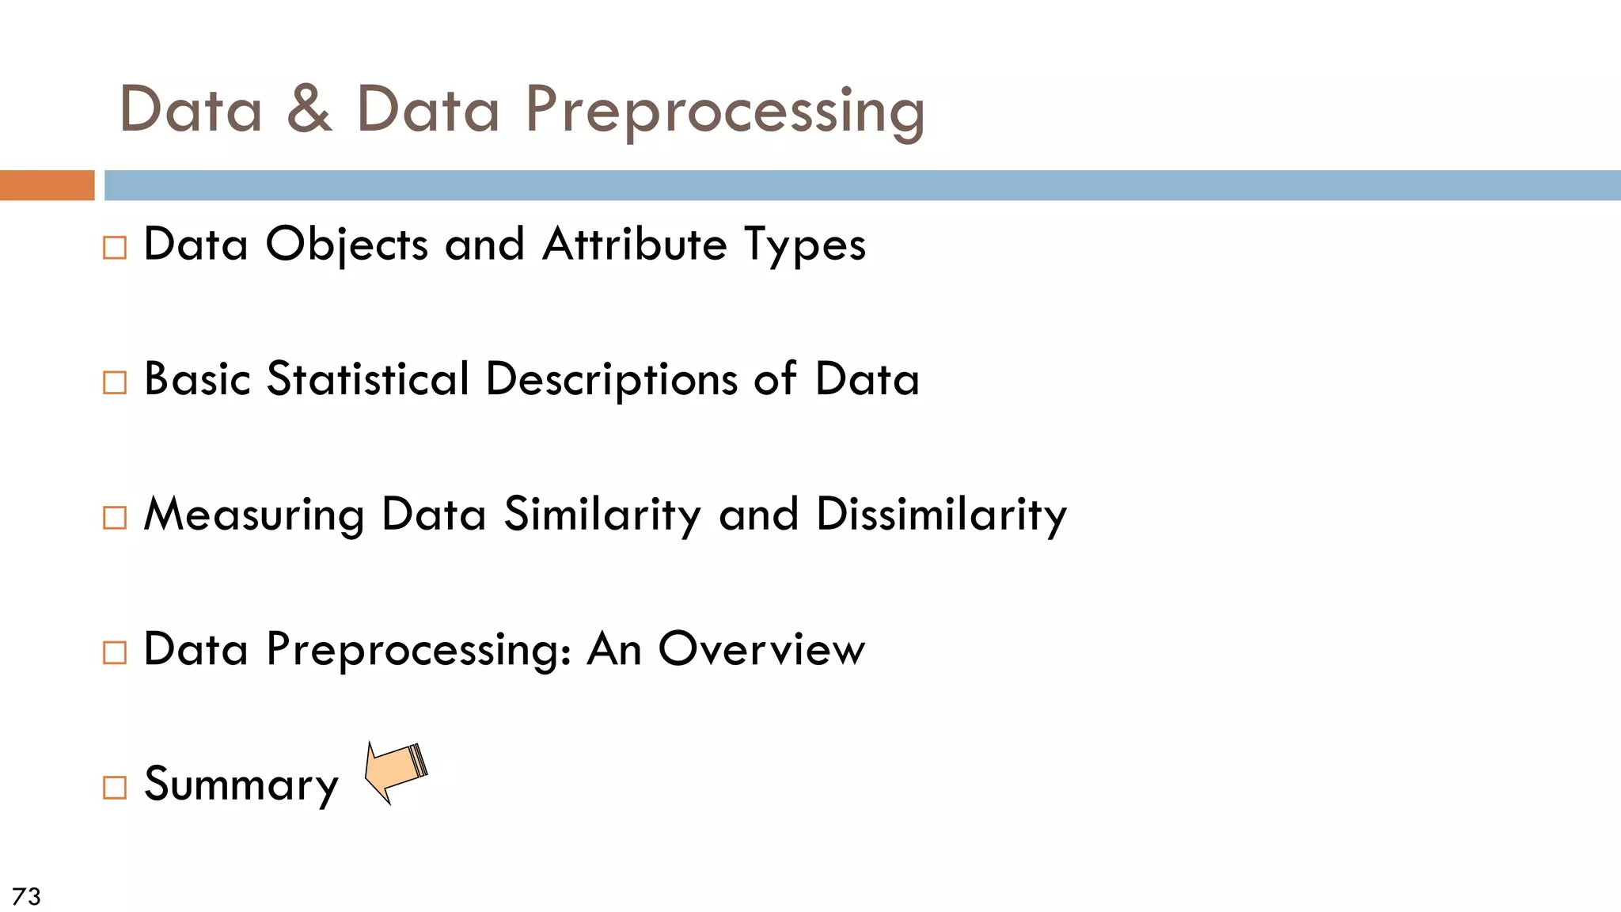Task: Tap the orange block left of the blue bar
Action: [47, 185]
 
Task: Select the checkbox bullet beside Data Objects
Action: [115, 248]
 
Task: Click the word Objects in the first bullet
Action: [347, 245]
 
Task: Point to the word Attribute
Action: [635, 244]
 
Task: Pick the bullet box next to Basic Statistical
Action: [115, 383]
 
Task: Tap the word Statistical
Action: [368, 379]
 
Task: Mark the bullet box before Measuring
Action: [115, 518]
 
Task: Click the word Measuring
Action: [254, 515]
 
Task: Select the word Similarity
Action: [602, 515]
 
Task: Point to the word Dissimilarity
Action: [941, 515]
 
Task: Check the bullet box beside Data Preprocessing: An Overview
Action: [115, 653]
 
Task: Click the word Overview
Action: [761, 650]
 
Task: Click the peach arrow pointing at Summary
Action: [395, 772]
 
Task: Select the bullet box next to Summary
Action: [115, 788]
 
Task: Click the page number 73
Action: [27, 896]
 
